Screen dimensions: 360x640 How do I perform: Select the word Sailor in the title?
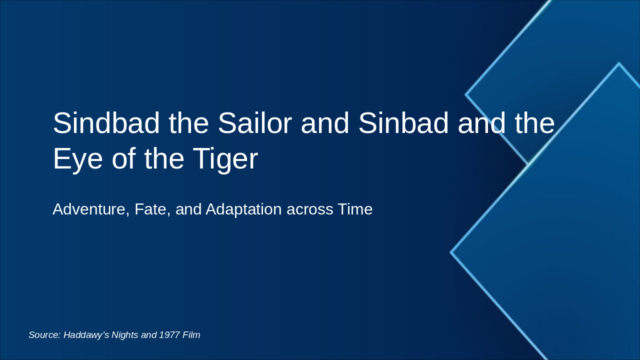click(x=254, y=123)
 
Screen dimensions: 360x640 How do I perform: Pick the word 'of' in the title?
click(x=123, y=159)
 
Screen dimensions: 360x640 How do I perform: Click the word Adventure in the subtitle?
click(x=91, y=209)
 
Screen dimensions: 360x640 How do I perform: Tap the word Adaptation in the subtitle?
click(x=243, y=209)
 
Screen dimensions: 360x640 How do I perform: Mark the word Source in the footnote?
click(x=44, y=335)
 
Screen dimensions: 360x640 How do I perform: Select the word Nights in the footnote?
click(x=124, y=335)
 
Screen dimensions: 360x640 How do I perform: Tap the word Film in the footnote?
click(x=191, y=335)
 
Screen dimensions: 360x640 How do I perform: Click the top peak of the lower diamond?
click(x=618, y=64)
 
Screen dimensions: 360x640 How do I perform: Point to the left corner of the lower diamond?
click(x=451, y=252)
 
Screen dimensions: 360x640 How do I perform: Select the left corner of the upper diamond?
click(x=466, y=94)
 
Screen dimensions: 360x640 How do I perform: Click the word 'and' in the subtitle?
click(x=188, y=209)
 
